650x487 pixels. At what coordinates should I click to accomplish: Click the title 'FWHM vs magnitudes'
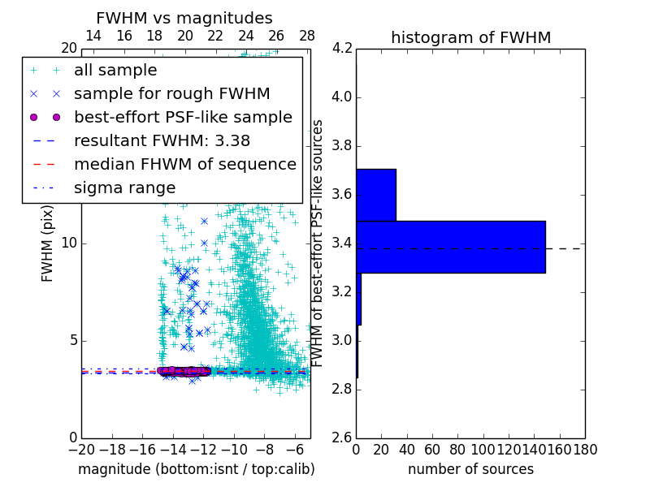click(184, 19)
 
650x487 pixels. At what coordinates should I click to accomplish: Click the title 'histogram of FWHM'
click(470, 37)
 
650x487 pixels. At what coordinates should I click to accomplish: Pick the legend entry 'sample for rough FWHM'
click(171, 93)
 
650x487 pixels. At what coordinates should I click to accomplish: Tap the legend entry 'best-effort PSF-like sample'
click(183, 117)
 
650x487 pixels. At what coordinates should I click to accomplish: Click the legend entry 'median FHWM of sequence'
click(184, 164)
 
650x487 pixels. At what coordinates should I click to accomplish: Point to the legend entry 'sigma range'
click(124, 187)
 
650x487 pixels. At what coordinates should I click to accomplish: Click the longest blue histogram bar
click(450, 247)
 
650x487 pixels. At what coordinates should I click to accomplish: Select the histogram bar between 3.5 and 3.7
click(375, 195)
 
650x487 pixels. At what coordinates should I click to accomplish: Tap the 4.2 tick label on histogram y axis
click(342, 49)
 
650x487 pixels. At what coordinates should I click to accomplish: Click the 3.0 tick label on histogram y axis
click(342, 340)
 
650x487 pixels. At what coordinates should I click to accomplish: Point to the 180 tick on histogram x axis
click(585, 449)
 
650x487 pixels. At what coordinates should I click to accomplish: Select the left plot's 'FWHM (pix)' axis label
click(48, 243)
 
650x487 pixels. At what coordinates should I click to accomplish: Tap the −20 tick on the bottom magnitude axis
click(81, 449)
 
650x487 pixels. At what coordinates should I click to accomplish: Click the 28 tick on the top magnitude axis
click(307, 36)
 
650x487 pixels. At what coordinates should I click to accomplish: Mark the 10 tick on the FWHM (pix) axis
click(68, 243)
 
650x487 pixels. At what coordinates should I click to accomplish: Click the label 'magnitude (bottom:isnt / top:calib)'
click(196, 469)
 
